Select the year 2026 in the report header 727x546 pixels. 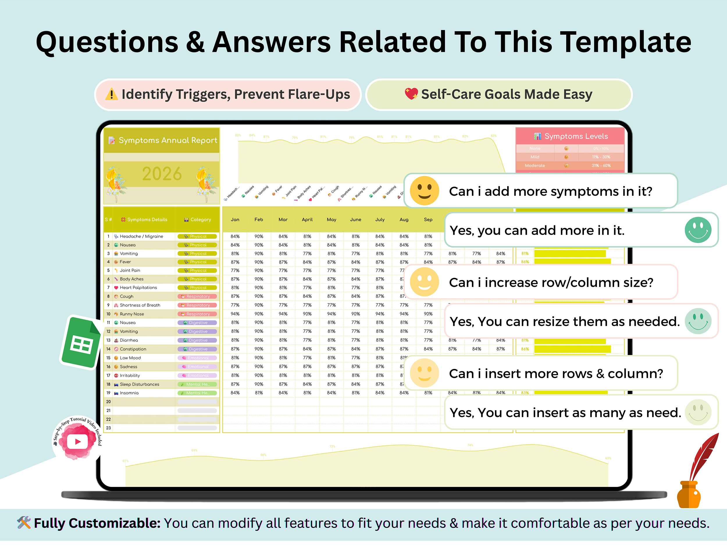tap(162, 174)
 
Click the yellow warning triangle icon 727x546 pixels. tap(111, 94)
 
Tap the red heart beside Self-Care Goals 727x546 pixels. tap(411, 94)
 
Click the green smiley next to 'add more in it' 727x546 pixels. tap(698, 230)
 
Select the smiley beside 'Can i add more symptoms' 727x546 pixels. tap(424, 191)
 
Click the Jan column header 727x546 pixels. tap(235, 220)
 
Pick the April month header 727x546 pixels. tap(307, 220)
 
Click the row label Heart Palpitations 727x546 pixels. tap(138, 288)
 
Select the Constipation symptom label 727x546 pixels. tap(133, 349)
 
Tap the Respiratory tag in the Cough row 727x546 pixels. tap(197, 296)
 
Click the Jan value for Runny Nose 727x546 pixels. tap(235, 314)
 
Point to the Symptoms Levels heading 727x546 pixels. tap(576, 136)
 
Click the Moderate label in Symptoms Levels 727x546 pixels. tap(535, 165)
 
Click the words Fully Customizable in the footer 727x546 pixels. tap(97, 523)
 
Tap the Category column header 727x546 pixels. tap(200, 220)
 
